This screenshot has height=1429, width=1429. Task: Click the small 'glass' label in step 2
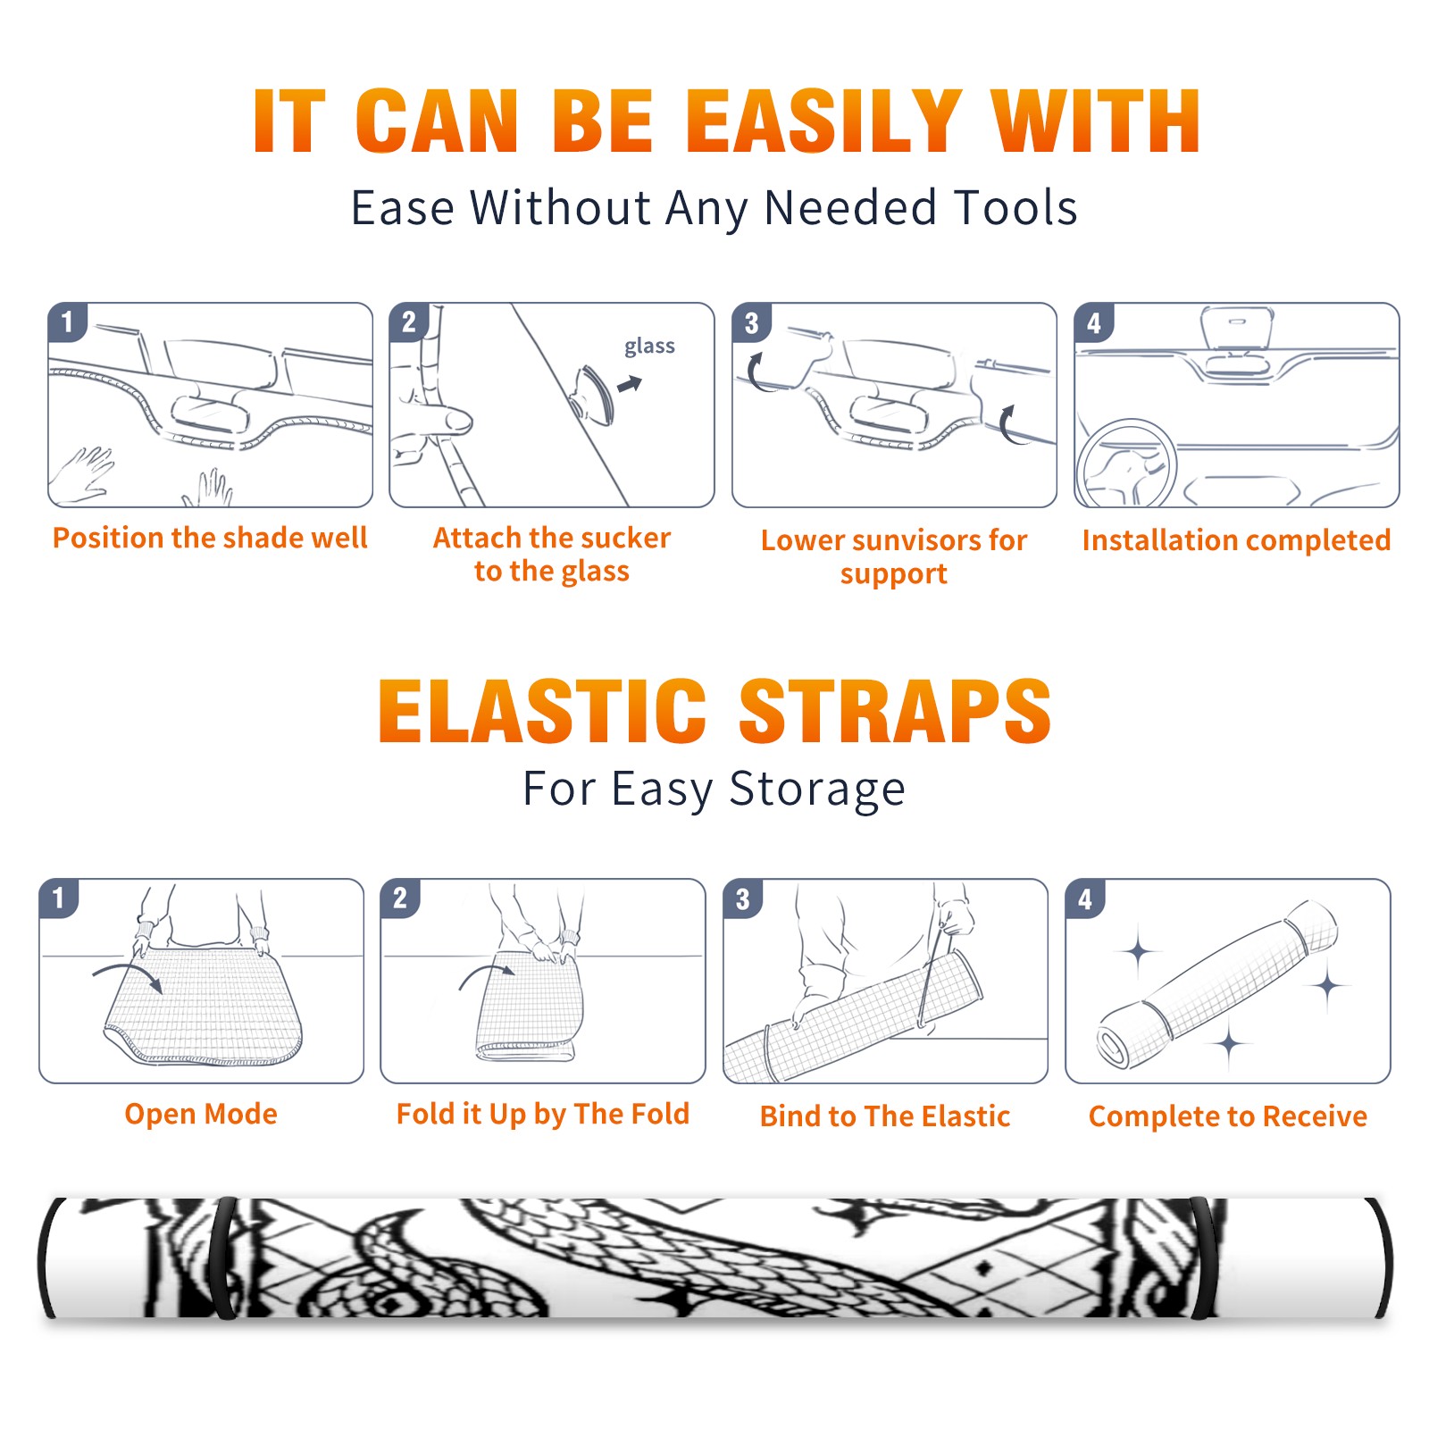coord(649,347)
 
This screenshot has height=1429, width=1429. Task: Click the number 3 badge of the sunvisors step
coord(751,322)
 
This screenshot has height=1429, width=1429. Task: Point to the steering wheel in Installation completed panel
coord(1126,464)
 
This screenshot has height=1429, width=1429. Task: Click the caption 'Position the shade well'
coord(210,539)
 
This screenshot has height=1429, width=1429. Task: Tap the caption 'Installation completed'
coord(1236,540)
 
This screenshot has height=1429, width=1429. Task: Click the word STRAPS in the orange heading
coord(895,711)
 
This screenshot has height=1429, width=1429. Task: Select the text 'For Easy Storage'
coord(714,790)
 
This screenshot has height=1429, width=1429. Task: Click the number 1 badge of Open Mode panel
coord(59,898)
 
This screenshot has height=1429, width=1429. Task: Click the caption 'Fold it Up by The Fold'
coord(543,1115)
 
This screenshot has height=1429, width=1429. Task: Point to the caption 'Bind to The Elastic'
coord(885,1116)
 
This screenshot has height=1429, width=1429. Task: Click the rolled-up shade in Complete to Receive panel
coord(1217,984)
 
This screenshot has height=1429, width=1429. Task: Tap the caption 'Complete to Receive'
coord(1228,1116)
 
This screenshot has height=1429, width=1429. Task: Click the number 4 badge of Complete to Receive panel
coord(1085,898)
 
